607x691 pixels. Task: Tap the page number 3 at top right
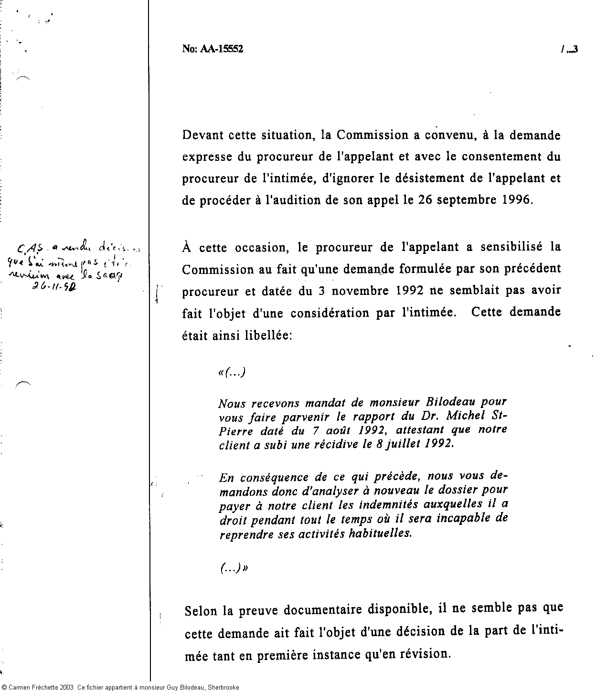click(x=575, y=49)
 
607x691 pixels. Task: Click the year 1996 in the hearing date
click(x=516, y=199)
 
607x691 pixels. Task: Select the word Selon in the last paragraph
click(x=201, y=610)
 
